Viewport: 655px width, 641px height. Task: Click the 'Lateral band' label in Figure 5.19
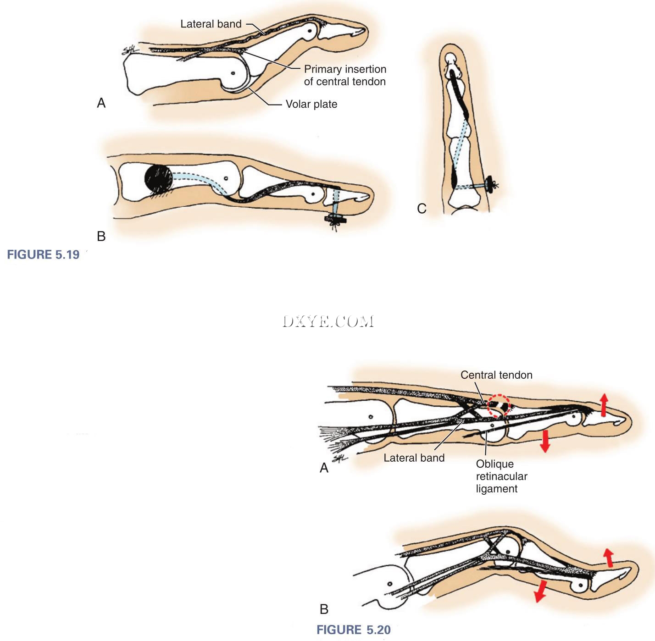(211, 24)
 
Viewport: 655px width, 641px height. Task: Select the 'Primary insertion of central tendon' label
(345, 75)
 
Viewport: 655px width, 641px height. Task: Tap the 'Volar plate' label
(311, 104)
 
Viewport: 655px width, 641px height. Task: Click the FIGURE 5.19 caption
(43, 254)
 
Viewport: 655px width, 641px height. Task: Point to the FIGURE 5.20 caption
(353, 630)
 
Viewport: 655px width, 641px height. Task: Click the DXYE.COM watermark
(328, 321)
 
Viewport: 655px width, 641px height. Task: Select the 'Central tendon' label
(496, 375)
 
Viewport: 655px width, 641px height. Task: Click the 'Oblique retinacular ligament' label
(501, 476)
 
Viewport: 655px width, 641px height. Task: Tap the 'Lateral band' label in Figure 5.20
(414, 458)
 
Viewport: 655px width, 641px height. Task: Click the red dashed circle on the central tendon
(498, 406)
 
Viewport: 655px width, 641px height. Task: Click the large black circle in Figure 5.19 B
(159, 178)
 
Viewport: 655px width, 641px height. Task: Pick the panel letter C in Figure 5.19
(422, 209)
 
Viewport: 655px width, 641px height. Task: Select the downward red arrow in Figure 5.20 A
(545, 441)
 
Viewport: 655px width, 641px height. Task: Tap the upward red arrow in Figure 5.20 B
(608, 558)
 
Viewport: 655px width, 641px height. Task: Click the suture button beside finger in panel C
(493, 185)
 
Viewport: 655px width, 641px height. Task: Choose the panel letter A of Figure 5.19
(101, 103)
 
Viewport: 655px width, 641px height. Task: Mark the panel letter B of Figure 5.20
(324, 609)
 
